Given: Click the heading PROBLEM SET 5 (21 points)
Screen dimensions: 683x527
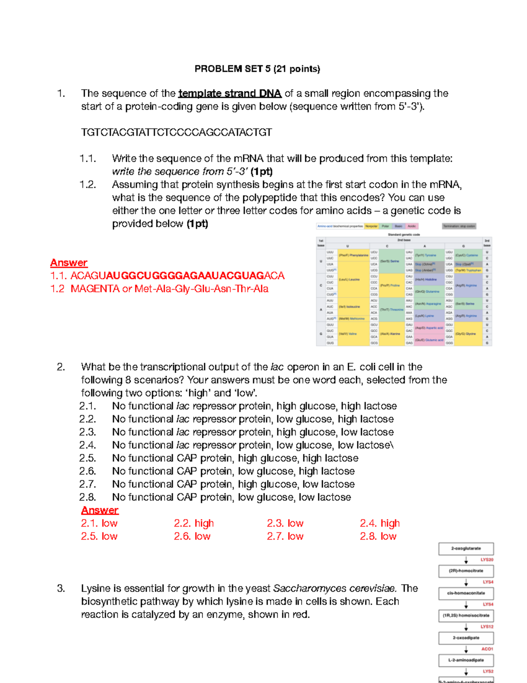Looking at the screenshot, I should click(257, 69).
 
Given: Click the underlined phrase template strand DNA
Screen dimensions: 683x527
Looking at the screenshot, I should click(230, 94).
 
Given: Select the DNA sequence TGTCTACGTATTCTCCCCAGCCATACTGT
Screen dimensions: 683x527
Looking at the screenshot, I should click(177, 132).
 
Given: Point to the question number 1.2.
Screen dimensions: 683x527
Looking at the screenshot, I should click(88, 185).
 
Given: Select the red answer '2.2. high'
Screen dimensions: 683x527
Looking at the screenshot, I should click(194, 523).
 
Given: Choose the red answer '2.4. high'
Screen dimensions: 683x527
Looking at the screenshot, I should click(380, 523).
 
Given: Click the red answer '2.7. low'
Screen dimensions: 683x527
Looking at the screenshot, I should click(285, 536).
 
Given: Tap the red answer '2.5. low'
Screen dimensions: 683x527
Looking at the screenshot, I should click(99, 536).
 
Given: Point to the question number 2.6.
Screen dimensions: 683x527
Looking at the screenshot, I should click(88, 471).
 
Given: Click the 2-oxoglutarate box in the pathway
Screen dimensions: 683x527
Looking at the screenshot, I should click(466, 549).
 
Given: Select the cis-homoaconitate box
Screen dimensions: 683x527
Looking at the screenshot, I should click(466, 593).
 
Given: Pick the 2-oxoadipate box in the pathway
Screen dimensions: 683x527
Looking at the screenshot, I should click(466, 638).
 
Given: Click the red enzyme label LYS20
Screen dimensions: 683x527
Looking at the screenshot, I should click(487, 560).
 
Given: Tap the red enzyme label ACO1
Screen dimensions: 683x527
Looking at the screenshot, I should click(487, 649).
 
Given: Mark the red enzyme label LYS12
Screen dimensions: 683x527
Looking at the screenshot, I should click(487, 627).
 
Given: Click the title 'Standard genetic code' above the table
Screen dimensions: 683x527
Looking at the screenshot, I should click(404, 235).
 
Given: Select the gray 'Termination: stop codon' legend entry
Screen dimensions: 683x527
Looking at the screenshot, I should click(459, 226).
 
